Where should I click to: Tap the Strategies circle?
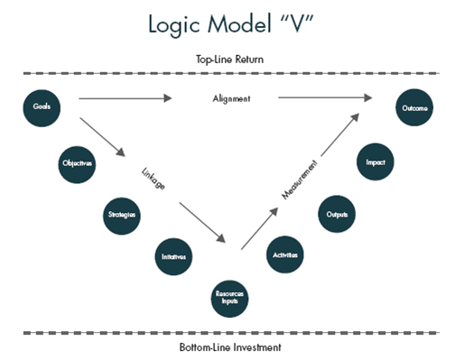click(x=121, y=216)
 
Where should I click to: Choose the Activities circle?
click(x=285, y=256)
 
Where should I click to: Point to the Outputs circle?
click(x=336, y=215)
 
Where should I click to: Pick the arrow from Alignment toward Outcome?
click(x=326, y=97)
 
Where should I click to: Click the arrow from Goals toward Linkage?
click(x=102, y=137)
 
